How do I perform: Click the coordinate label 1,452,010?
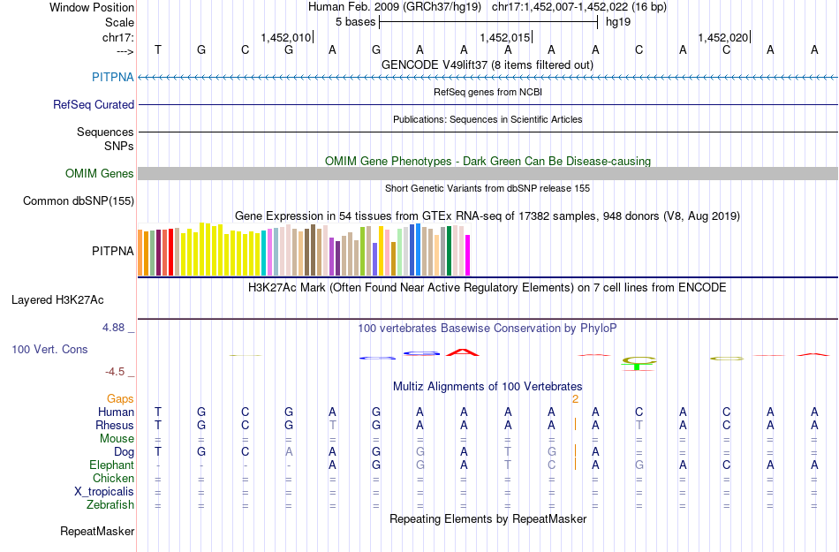coord(285,37)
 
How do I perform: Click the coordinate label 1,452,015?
coord(504,37)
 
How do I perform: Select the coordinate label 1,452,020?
coord(722,37)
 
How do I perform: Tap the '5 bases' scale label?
coord(355,21)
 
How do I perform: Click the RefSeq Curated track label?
coord(94,104)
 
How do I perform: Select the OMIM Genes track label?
coord(100,174)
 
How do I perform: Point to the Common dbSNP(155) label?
coord(78,201)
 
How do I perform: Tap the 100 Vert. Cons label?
coord(49,350)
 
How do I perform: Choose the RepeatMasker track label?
coord(97,532)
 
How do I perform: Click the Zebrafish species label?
coord(111,505)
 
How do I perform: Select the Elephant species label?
coord(111,465)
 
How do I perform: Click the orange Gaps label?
coord(121,398)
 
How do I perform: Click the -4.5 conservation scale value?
coord(117,372)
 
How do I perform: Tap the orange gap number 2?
coord(575,398)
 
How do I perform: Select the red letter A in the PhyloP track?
coord(462,352)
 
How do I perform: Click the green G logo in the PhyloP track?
coord(639,361)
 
